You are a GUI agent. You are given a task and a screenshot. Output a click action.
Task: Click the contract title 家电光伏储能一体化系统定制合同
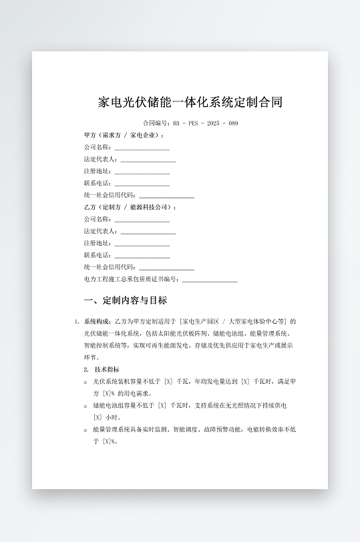pos(190,102)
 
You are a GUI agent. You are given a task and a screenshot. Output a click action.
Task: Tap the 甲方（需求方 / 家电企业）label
pos(124,135)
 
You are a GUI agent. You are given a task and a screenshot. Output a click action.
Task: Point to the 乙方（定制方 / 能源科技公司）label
pos(130,207)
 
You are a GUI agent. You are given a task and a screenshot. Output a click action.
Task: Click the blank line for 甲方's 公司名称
pos(142,148)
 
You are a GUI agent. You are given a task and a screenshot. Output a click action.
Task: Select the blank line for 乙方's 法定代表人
pos(148,232)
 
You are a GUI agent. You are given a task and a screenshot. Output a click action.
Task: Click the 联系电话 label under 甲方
pos(98,183)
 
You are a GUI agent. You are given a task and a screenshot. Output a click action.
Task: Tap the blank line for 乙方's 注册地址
pos(142,244)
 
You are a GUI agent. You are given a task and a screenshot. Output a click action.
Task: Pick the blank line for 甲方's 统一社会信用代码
pos(166,196)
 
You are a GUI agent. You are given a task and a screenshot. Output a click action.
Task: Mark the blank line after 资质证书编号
pos(209,280)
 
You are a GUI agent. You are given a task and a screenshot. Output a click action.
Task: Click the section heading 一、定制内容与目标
pos(126,300)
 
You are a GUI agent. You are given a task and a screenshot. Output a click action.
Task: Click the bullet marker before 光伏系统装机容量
pos(85,382)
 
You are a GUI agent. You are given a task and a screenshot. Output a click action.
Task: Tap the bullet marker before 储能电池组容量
pos(85,406)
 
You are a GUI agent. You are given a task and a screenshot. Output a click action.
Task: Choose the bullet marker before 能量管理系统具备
pos(85,430)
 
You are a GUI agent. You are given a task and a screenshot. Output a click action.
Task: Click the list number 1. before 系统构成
pos(77,321)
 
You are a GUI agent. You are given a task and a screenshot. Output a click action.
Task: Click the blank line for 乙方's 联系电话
pos(142,256)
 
